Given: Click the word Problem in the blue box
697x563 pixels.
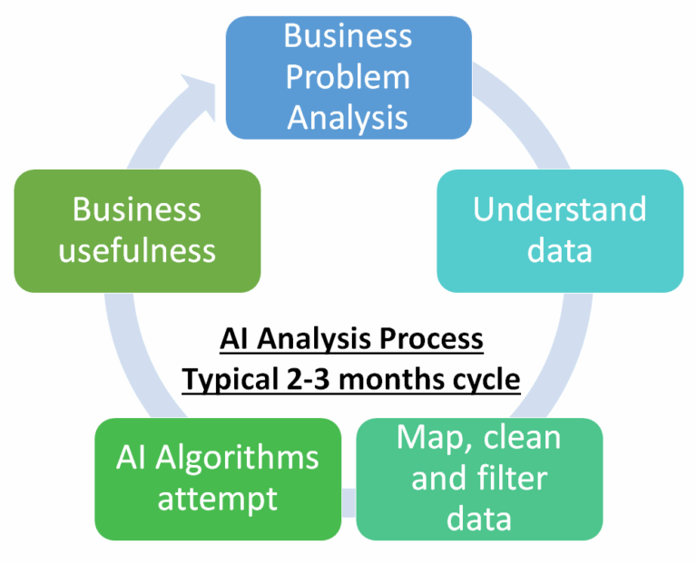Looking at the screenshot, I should [348, 77].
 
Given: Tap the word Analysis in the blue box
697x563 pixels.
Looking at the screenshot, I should [348, 118].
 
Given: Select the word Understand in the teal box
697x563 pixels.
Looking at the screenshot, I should [559, 209].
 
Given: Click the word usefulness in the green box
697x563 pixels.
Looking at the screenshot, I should [137, 249].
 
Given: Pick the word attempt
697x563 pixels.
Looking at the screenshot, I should [217, 498].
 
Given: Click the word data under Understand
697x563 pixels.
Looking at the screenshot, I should [559, 249].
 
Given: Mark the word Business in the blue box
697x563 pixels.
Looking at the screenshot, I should [348, 36].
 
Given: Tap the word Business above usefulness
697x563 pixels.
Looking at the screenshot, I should [137, 209].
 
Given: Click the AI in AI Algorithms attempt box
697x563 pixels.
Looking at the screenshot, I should [133, 458].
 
